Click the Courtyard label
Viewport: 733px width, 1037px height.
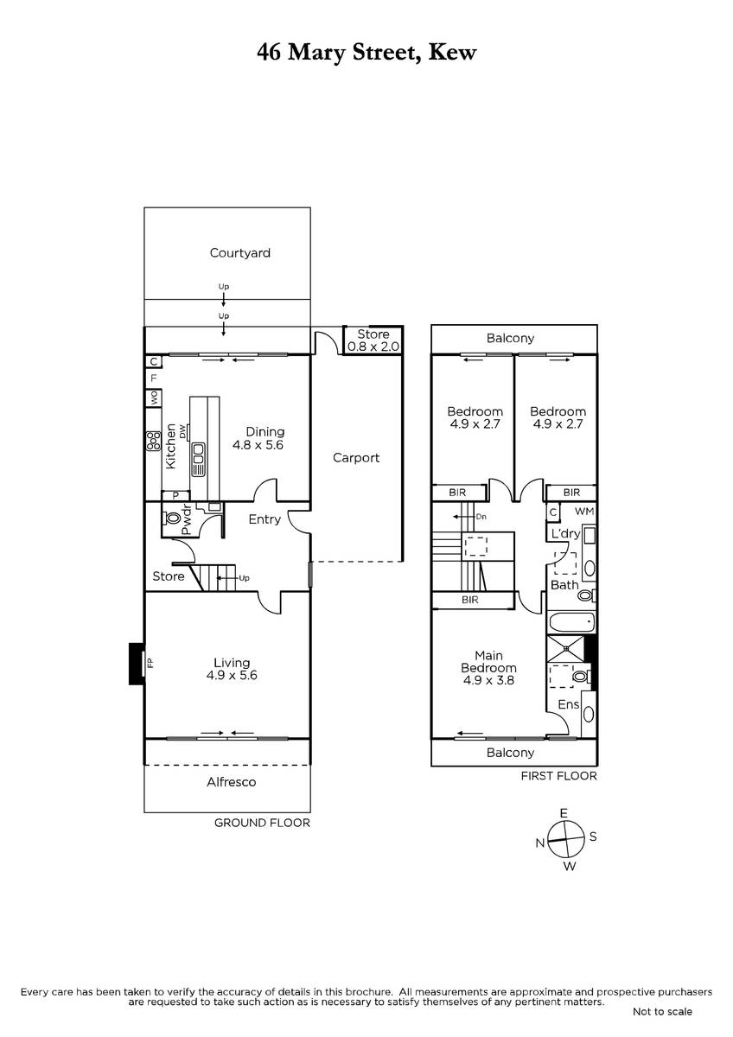pos(239,252)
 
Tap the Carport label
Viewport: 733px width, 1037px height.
pos(355,458)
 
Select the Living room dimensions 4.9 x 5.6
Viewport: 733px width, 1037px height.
pos(232,675)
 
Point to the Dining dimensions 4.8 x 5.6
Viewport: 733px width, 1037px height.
pos(258,445)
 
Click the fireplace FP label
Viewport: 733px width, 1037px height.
pos(150,664)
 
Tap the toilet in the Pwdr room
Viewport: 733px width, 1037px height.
pos(171,518)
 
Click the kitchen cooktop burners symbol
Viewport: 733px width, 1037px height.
pos(153,441)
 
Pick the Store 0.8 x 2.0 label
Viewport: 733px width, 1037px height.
pos(373,340)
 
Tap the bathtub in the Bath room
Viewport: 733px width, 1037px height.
pos(571,622)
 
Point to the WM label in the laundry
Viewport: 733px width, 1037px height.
pos(584,511)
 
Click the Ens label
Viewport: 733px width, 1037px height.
pos(569,704)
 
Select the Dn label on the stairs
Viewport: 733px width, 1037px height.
pos(481,517)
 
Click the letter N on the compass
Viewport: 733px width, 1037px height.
pos(540,843)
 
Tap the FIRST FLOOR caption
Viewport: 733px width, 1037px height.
pos(559,776)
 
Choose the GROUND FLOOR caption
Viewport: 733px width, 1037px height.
pos(262,823)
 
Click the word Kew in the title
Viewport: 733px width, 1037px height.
pos(452,53)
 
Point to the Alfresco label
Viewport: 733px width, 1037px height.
pos(231,782)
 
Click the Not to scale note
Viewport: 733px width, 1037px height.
pos(662,1012)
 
